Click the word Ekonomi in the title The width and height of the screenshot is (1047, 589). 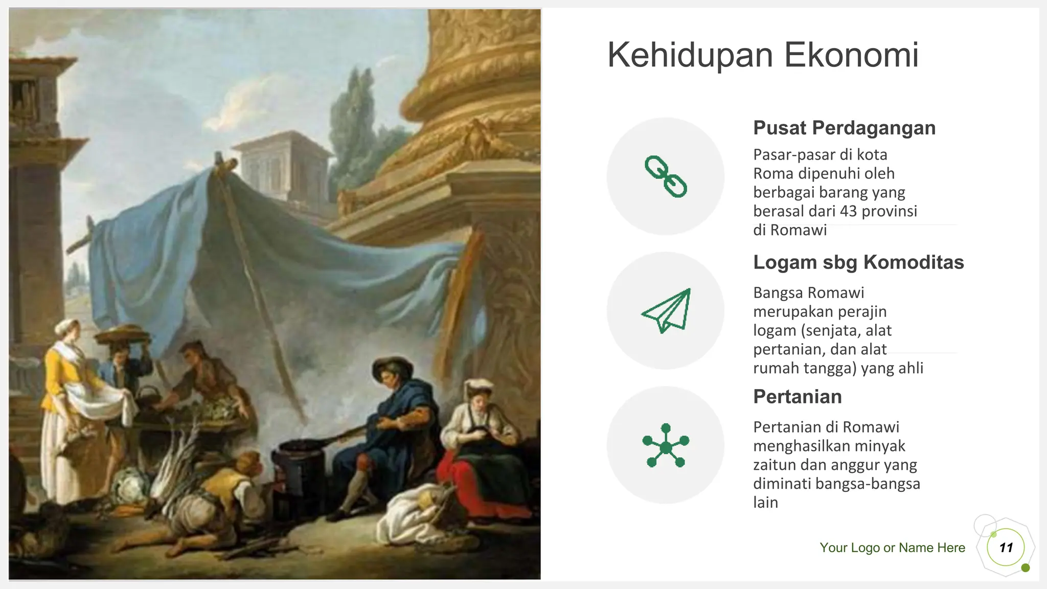point(851,55)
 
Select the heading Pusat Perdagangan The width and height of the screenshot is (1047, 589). point(844,128)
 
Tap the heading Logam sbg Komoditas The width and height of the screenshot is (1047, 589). point(858,262)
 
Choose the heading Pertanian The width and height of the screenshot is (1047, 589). point(797,397)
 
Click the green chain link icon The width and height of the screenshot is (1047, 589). point(666,176)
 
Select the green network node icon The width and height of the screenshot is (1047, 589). point(666,445)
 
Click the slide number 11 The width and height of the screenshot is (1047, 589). point(1006,548)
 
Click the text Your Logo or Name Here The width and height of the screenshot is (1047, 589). point(892,548)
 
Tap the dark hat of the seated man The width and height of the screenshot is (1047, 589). point(392,365)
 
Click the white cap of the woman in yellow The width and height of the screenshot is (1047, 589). point(67,326)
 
